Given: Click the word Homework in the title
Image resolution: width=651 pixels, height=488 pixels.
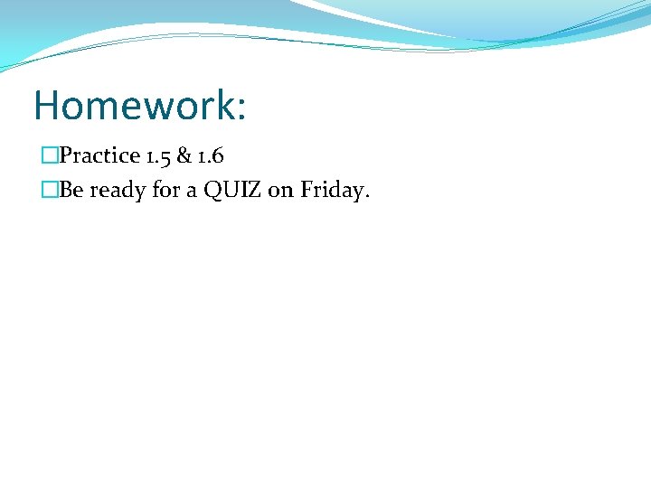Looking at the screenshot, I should (x=134, y=105).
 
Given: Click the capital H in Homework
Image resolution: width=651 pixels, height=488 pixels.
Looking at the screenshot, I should (x=47, y=105).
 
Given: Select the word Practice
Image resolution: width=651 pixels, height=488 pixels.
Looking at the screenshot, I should (x=99, y=155).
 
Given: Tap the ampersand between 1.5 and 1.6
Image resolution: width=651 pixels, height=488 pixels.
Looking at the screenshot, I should (x=184, y=155).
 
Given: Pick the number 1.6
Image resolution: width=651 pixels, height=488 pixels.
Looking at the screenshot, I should (x=210, y=155).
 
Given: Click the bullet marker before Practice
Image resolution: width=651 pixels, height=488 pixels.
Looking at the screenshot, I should (x=49, y=155).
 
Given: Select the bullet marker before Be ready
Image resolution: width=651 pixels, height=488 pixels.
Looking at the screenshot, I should (x=49, y=191).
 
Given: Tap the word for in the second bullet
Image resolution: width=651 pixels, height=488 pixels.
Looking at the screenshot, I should (x=169, y=191).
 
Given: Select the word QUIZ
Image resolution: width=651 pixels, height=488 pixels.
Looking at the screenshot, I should (x=232, y=191).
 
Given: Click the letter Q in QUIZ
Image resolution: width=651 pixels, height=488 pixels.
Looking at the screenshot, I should (x=214, y=191).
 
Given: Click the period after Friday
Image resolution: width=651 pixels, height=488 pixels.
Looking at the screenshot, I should (x=366, y=197).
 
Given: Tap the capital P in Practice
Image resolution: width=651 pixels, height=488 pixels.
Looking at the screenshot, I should (x=65, y=155).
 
